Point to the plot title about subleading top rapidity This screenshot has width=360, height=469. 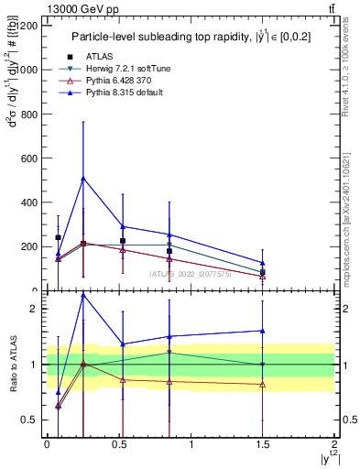pyautogui.click(x=188, y=38)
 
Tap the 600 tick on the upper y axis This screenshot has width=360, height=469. pyautogui.click(x=28, y=158)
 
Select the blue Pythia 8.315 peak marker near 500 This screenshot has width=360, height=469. pyautogui.click(x=83, y=179)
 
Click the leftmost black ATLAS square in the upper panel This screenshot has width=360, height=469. pyautogui.click(x=58, y=237)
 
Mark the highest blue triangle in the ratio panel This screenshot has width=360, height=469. pyautogui.click(x=83, y=296)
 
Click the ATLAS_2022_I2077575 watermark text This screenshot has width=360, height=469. pyautogui.click(x=191, y=274)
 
